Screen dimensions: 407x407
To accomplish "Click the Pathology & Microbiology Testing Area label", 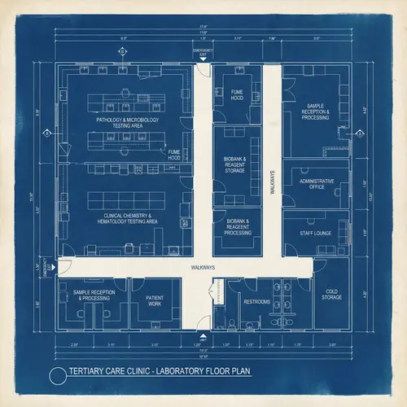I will [127, 122].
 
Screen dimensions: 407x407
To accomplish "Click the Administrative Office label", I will [316, 183].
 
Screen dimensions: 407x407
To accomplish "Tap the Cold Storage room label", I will [331, 294].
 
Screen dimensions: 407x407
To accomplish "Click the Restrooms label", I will [256, 301].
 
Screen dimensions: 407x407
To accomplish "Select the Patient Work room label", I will [155, 300].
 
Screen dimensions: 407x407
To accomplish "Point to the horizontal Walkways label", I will [203, 267].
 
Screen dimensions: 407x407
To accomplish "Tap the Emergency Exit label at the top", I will [203, 53].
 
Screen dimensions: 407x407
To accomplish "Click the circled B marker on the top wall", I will [123, 51].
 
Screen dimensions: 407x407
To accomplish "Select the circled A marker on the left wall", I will [47, 133].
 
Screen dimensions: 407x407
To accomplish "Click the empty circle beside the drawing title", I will [57, 375].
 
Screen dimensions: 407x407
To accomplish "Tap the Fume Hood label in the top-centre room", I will [237, 95].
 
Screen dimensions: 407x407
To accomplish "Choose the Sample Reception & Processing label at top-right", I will [316, 112].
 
